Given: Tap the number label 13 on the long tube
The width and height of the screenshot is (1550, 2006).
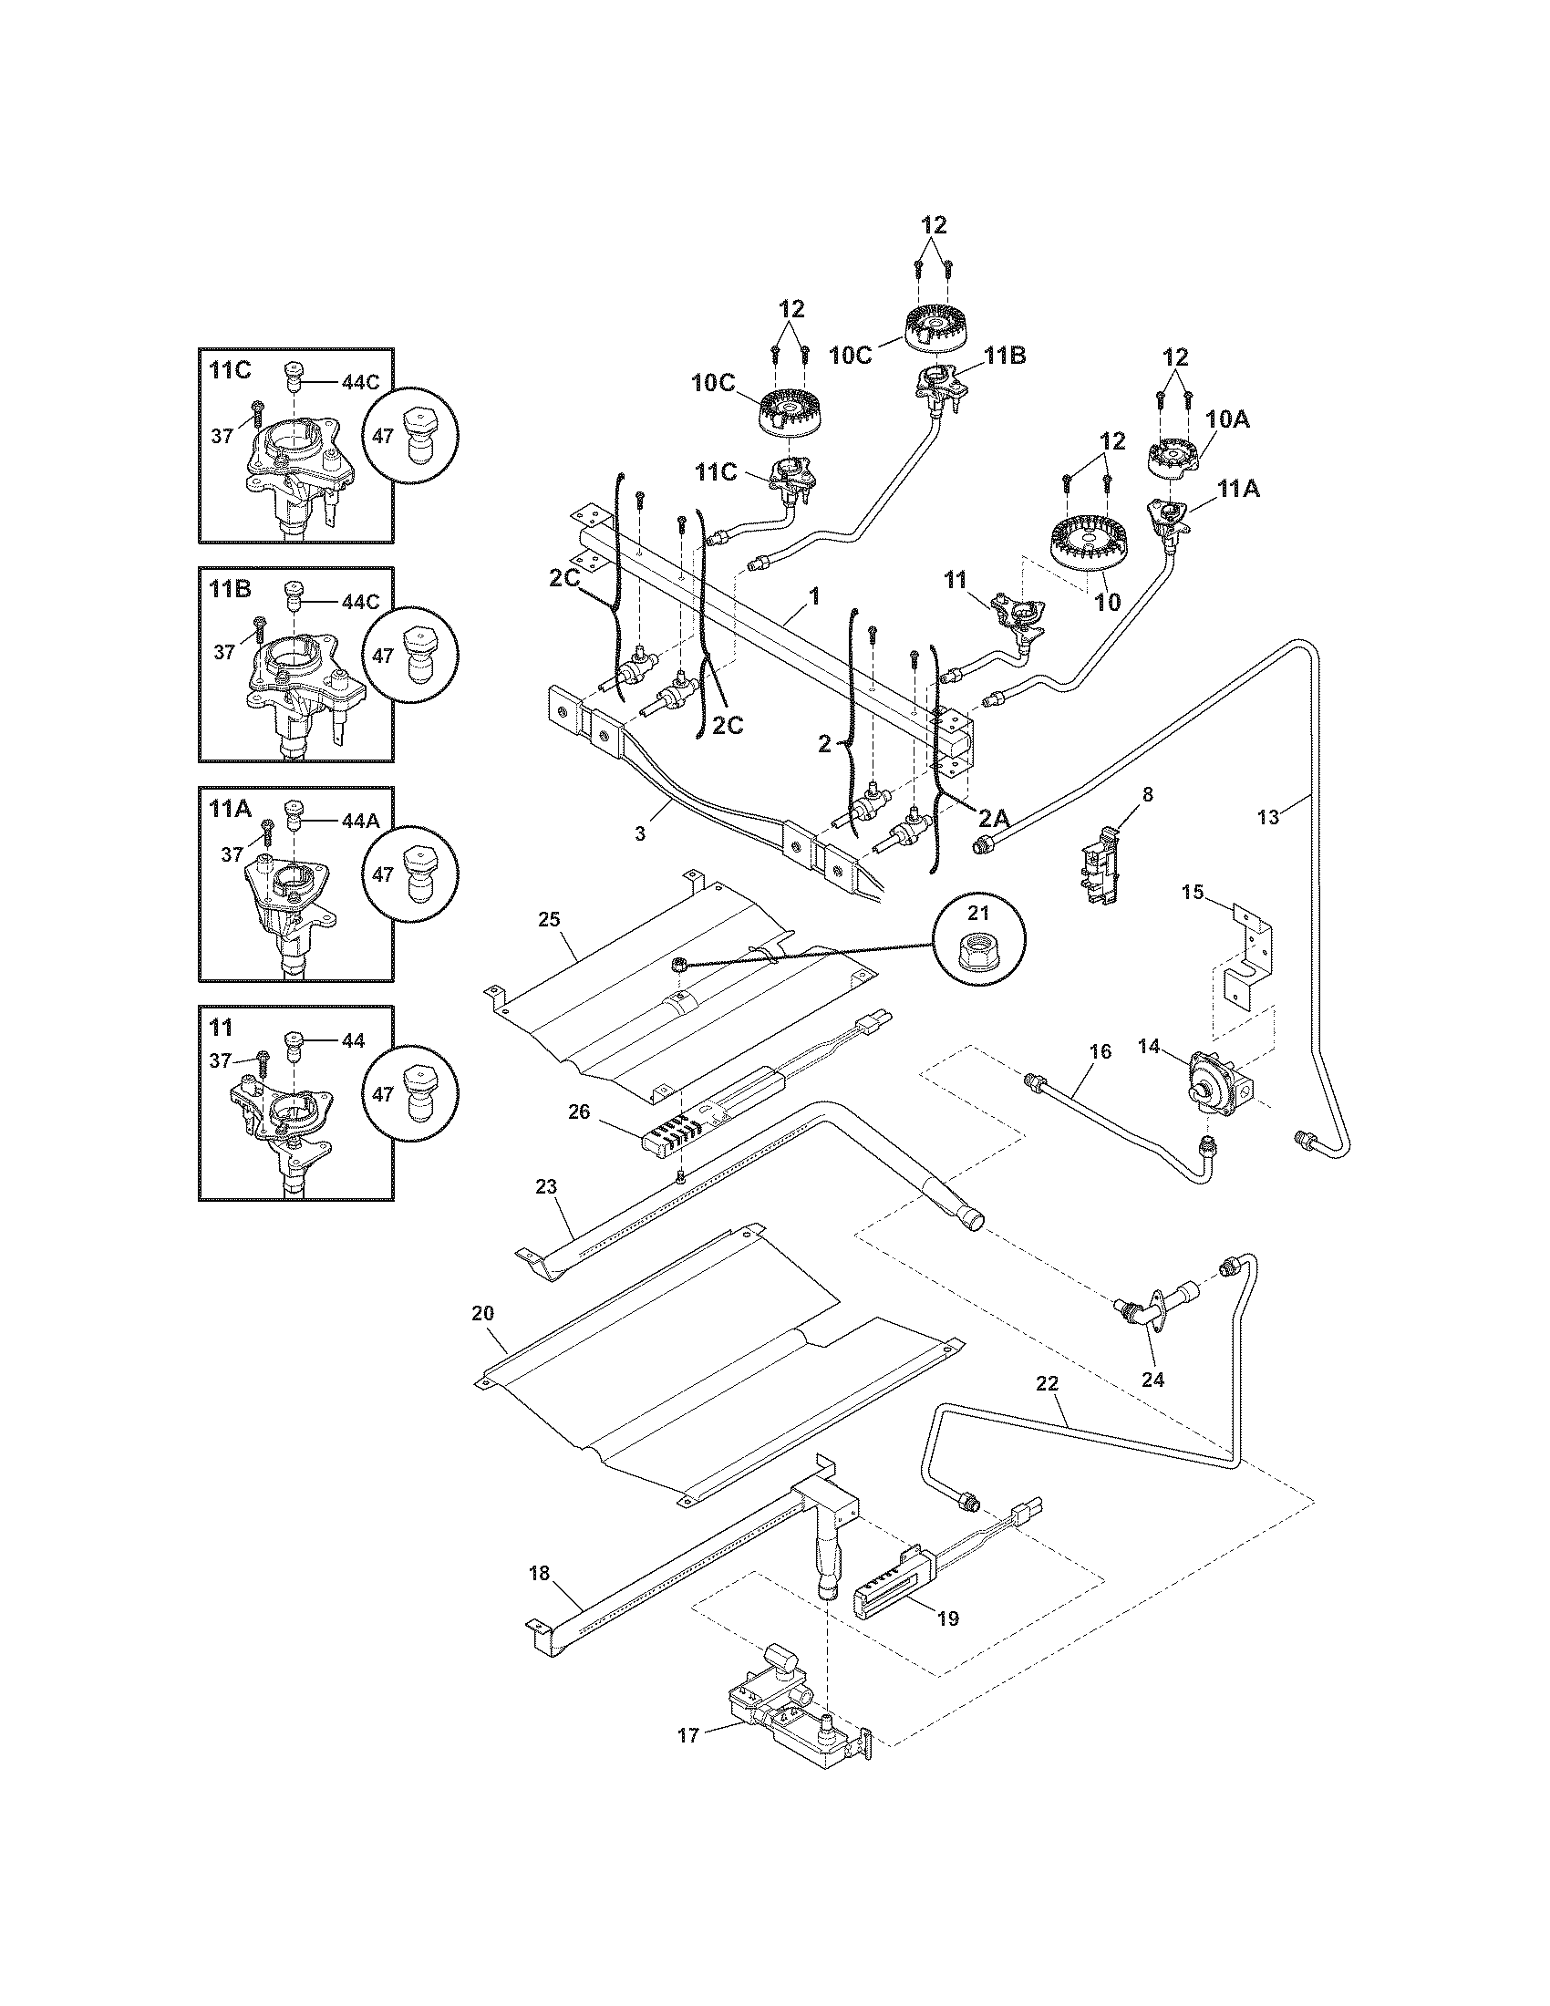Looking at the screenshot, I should click(1267, 818).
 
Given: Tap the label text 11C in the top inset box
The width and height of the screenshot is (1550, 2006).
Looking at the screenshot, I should click(230, 371).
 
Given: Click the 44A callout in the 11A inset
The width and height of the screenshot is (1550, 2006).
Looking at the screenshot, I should click(359, 822).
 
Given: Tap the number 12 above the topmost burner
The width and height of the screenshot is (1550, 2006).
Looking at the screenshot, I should click(933, 224).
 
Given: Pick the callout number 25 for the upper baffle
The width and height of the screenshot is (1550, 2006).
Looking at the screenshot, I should click(549, 919).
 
